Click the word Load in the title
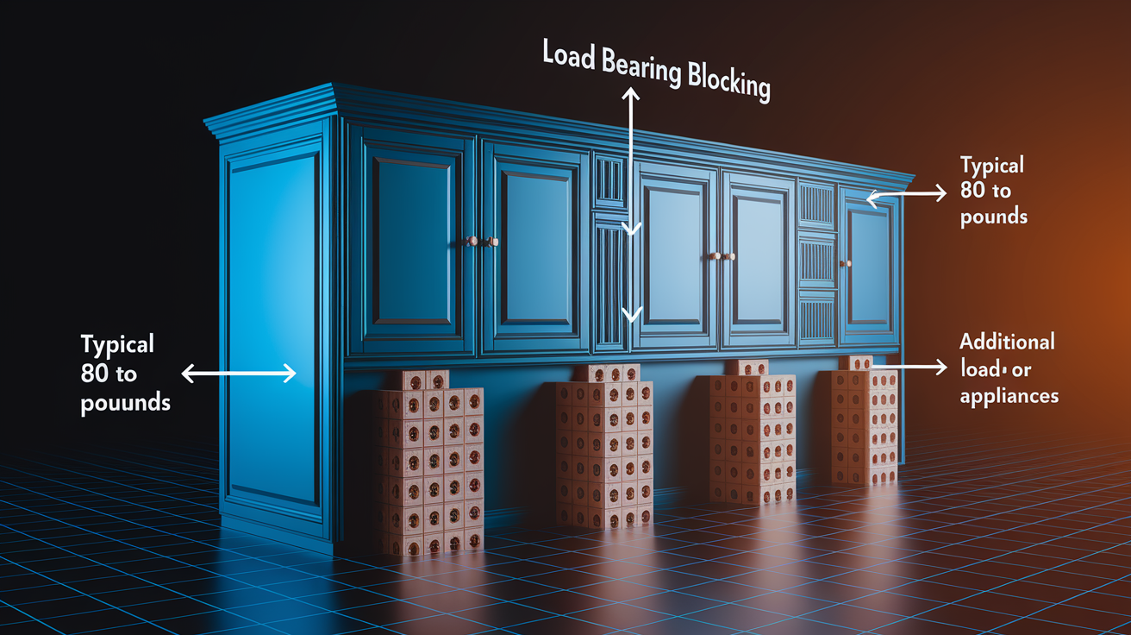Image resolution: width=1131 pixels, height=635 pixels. click(x=569, y=54)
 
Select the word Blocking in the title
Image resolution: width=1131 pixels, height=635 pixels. click(x=728, y=83)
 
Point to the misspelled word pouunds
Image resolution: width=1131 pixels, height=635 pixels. click(x=125, y=404)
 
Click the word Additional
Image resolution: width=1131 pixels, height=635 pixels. click(x=1007, y=342)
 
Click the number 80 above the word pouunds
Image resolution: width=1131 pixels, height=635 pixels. click(x=95, y=374)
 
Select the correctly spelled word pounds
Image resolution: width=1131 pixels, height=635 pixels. click(x=994, y=217)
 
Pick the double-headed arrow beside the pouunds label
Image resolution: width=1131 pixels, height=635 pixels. click(x=239, y=374)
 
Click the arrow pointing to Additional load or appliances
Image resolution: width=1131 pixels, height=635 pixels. click(x=909, y=367)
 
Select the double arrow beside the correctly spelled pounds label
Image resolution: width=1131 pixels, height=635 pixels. click(x=906, y=194)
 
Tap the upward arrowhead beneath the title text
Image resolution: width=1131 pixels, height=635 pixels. click(x=631, y=93)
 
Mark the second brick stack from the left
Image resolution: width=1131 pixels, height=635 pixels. click(x=603, y=445)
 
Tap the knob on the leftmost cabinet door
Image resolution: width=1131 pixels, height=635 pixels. click(x=472, y=241)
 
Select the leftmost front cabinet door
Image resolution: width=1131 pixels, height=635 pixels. click(x=413, y=242)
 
